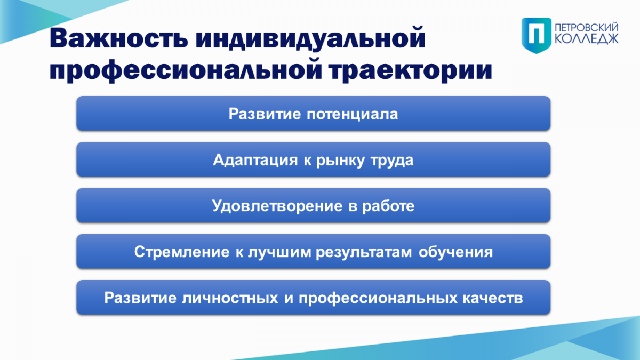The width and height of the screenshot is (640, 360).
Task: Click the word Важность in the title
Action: coord(119,38)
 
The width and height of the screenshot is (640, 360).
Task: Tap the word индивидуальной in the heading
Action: coord(311,39)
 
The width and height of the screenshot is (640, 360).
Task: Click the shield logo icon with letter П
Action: coord(537,35)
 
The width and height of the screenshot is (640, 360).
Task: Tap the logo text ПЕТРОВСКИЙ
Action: coord(587,28)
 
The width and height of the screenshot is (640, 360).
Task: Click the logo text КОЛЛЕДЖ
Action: coord(587,39)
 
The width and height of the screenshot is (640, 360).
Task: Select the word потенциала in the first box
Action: coord(353,114)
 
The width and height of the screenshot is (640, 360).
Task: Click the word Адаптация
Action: coord(255,160)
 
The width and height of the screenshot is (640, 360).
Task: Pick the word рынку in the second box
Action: coord(341,161)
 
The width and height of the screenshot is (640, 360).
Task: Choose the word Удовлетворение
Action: coord(277,206)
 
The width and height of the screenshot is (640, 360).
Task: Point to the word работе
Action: coord(388,206)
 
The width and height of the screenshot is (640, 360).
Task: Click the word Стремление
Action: coord(182,252)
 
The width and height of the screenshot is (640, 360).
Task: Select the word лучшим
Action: coord(279,253)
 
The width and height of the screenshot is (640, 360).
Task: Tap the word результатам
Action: coord(364,253)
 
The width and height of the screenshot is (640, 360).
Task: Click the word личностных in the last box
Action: coord(230,298)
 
